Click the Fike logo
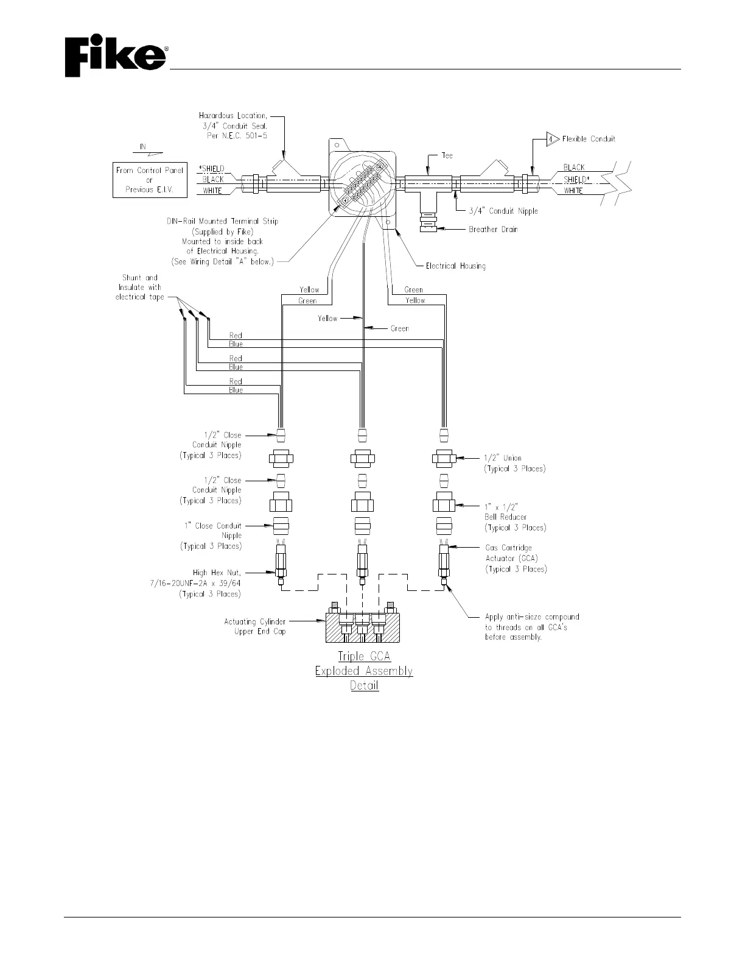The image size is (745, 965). click(116, 58)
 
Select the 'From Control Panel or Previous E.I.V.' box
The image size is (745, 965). click(149, 180)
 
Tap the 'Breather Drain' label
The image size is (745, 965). click(493, 230)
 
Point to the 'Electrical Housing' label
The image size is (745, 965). click(455, 266)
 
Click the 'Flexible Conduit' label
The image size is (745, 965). click(589, 139)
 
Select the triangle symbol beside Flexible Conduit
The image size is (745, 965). click(551, 139)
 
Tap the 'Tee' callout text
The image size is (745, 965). click(447, 155)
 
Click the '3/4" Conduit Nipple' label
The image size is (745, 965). click(503, 211)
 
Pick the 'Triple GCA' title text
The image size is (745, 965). click(364, 656)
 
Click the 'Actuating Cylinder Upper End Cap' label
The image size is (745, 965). click(255, 626)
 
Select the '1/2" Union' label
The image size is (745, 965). click(503, 458)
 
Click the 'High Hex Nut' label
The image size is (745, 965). click(217, 573)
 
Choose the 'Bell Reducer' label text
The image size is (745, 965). click(506, 517)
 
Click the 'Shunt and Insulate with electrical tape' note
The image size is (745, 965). click(139, 288)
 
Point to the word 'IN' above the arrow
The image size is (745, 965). click(143, 147)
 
